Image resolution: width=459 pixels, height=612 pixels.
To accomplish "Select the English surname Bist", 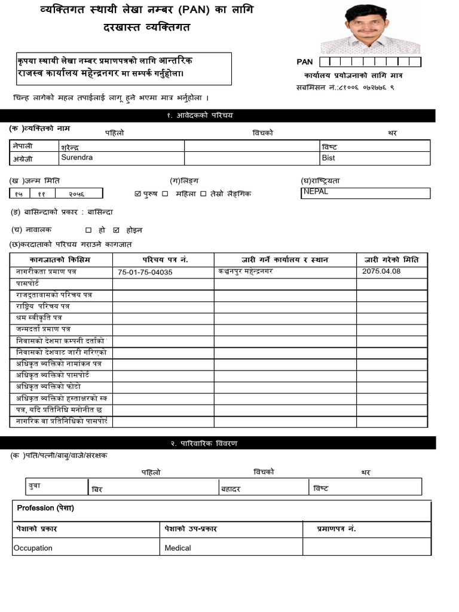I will click(328, 158).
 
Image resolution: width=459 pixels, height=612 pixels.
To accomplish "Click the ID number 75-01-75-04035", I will click(145, 272).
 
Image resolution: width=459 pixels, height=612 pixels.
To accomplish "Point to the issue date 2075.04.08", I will click(381, 271).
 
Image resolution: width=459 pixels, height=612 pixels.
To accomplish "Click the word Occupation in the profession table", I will click(33, 548).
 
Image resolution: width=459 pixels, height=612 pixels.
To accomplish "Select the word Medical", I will click(178, 548).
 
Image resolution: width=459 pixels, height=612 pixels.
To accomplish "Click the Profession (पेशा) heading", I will click(45, 508).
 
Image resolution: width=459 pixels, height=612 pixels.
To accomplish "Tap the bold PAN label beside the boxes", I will click(305, 62).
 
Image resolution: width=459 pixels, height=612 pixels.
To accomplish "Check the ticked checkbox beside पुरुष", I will click(138, 194).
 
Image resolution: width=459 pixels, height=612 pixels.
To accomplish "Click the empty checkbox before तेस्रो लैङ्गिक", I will click(203, 194).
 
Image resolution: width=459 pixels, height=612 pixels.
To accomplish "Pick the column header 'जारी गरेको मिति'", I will click(391, 260).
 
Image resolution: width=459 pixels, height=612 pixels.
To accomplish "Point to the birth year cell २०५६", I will click(76, 194).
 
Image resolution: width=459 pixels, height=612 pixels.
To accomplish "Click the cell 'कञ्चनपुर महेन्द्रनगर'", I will click(246, 271).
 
